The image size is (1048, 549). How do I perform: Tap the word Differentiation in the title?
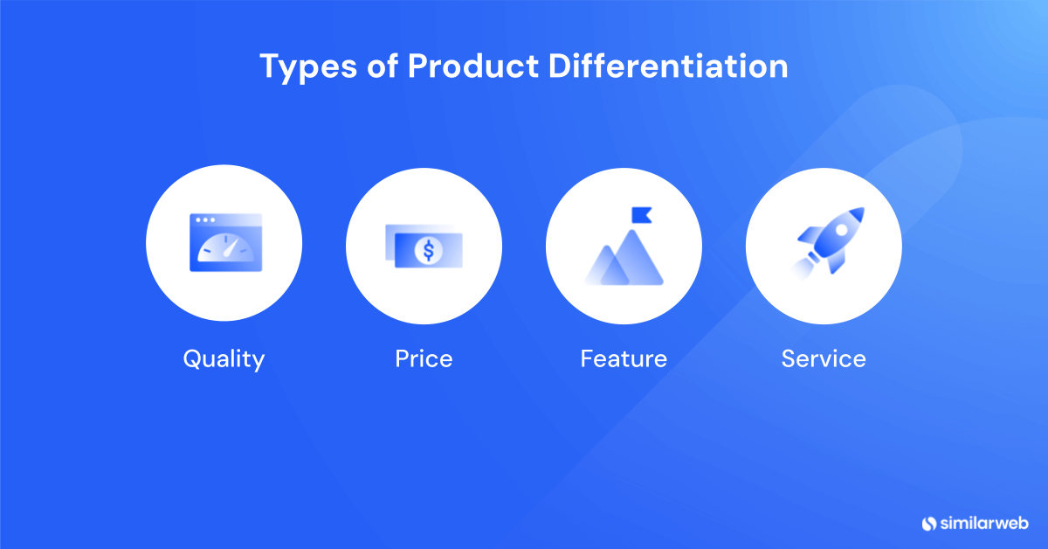(x=668, y=67)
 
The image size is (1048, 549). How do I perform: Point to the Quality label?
(x=224, y=358)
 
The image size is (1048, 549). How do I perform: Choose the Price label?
(x=424, y=358)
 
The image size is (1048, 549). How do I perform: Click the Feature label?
(x=624, y=358)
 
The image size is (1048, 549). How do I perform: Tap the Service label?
(x=824, y=358)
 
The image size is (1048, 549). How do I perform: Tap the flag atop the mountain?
(x=641, y=214)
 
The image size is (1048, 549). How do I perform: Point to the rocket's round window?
(x=841, y=229)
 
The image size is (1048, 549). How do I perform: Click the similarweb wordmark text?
(x=984, y=523)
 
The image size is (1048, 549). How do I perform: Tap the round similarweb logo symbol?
(x=929, y=523)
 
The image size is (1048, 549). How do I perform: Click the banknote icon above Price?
(x=423, y=245)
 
